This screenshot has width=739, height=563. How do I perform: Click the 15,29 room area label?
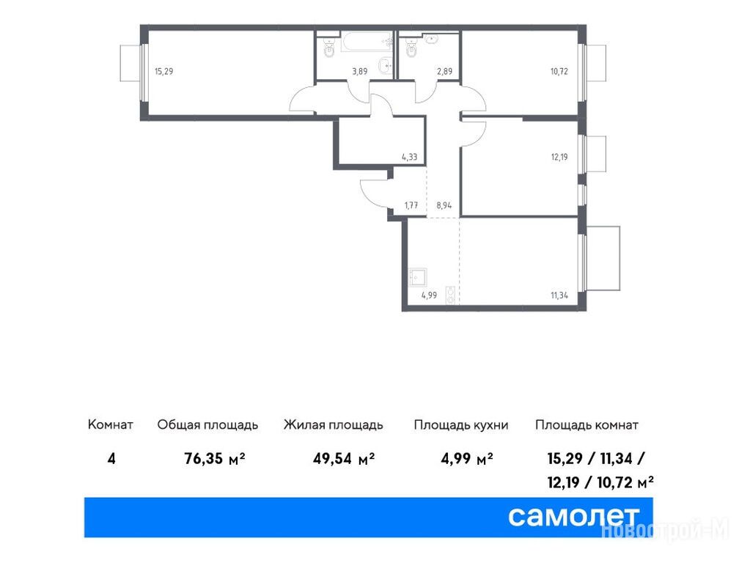(x=164, y=72)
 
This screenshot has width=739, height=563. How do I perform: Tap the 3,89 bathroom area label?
(x=359, y=72)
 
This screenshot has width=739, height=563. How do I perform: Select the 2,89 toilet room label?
(x=444, y=72)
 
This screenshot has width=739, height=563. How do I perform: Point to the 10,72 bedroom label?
(x=559, y=72)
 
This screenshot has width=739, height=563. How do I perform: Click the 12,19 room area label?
(x=559, y=157)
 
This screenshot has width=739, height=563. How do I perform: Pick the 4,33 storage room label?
(x=409, y=157)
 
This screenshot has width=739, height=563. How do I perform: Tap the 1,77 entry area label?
(x=411, y=205)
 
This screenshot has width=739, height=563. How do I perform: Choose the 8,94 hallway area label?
(x=444, y=205)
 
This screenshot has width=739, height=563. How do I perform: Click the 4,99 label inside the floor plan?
(x=429, y=295)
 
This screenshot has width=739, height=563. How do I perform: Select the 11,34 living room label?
(x=559, y=295)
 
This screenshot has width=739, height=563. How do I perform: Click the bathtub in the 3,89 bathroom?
(x=367, y=42)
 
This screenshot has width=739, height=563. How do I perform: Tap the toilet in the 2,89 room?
(x=411, y=48)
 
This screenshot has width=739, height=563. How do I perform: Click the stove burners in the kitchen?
(x=451, y=295)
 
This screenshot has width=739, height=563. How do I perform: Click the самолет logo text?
(x=573, y=517)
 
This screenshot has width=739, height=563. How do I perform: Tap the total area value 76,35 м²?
(x=215, y=458)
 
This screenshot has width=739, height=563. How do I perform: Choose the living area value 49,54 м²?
(x=344, y=458)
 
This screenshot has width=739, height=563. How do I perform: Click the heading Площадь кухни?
(x=461, y=425)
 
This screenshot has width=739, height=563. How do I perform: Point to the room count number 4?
(x=111, y=458)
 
